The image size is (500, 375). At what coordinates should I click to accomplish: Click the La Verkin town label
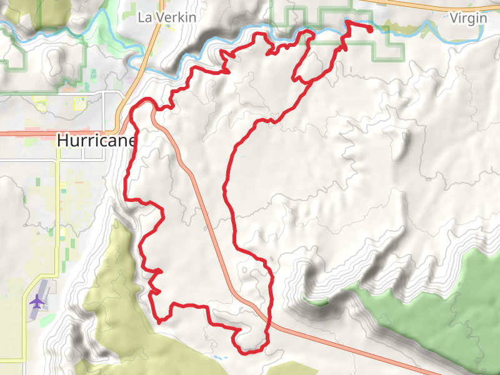(166, 17)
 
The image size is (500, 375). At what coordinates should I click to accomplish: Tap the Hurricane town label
(96, 141)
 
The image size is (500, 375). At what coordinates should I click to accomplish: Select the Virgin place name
(468, 17)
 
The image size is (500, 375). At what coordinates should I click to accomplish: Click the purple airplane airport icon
(37, 301)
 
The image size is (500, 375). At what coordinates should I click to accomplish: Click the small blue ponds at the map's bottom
(219, 357)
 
